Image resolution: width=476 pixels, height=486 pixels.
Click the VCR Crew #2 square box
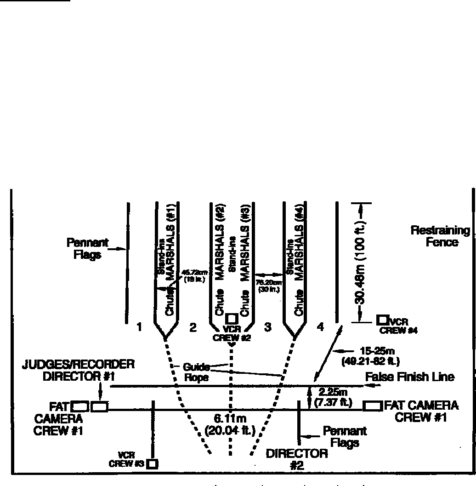[232, 318]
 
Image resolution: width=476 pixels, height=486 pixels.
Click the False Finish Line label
[410, 377]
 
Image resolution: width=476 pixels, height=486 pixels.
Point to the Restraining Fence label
[440, 236]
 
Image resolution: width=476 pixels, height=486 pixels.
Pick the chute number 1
[139, 327]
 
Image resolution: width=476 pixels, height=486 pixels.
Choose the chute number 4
[320, 327]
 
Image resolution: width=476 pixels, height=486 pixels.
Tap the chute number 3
[268, 327]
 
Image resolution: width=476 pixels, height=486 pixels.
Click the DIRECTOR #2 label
[297, 459]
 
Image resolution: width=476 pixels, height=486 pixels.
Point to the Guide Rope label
[196, 372]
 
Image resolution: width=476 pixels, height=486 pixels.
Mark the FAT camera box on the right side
[372, 406]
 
